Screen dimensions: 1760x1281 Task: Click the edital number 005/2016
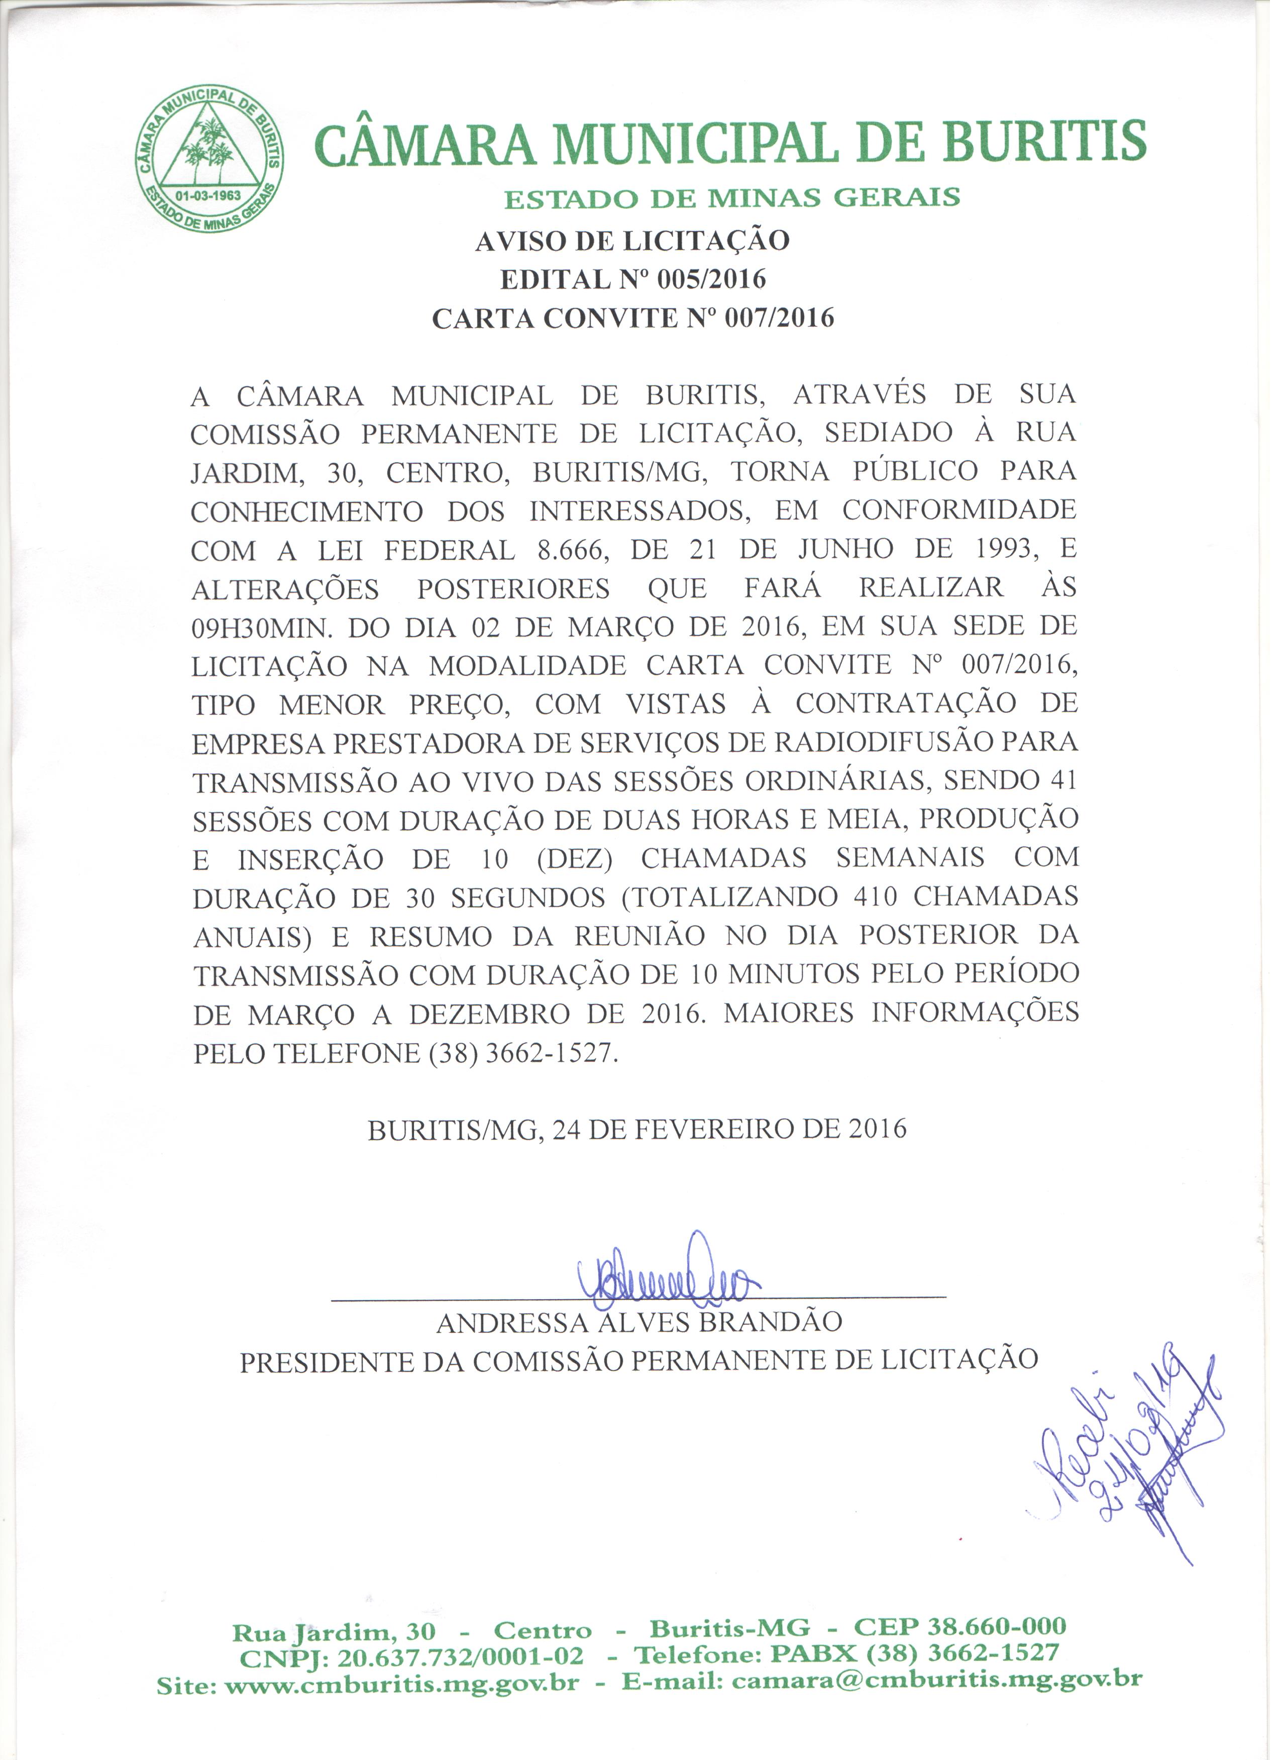[x=711, y=280]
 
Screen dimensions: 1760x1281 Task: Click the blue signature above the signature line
[x=667, y=1279]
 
